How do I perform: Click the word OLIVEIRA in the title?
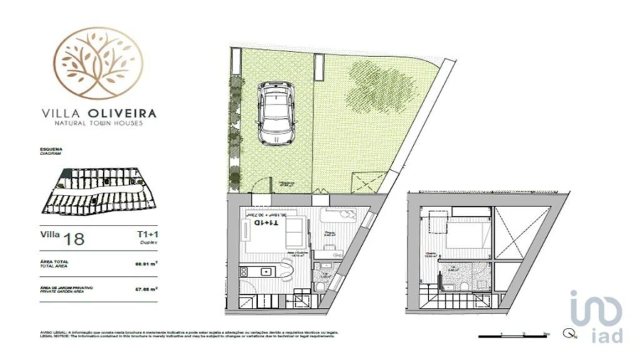(x=122, y=112)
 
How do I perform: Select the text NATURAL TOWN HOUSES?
(x=98, y=123)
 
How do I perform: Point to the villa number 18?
(x=74, y=238)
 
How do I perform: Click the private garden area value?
(x=147, y=289)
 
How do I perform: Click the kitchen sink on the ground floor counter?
(x=265, y=271)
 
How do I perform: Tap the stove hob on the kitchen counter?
(x=245, y=271)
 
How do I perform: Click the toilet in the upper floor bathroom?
(x=462, y=283)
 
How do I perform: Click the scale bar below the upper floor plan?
(x=513, y=334)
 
